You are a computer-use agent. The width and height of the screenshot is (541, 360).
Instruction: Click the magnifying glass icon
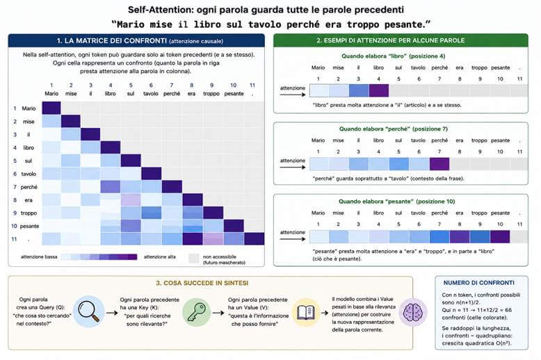click(89, 311)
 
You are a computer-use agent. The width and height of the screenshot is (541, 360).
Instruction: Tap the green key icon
click(196, 312)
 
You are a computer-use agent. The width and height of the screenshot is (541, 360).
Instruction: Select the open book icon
click(306, 313)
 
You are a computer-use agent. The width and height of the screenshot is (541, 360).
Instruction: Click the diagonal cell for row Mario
click(51, 108)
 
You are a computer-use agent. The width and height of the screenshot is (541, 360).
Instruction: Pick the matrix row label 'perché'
click(29, 187)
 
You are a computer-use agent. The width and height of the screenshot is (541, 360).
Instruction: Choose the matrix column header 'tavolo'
click(151, 93)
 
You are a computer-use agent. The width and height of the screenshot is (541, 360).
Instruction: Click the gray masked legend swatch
click(194, 259)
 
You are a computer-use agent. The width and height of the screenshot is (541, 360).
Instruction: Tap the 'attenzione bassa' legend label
click(39, 257)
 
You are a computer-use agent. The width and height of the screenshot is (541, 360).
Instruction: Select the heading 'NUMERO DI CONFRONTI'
click(479, 283)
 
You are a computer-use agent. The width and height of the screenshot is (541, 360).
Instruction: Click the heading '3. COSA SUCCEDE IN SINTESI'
click(202, 283)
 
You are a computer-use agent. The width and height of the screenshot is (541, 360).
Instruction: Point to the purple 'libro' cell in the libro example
click(379, 90)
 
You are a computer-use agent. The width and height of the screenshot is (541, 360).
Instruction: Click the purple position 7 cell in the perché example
click(439, 164)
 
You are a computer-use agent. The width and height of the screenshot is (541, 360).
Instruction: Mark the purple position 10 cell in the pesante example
click(500, 236)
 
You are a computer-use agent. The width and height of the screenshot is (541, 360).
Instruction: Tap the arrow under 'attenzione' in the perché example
click(293, 167)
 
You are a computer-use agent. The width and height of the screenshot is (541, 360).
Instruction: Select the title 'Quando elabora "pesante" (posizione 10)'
click(397, 202)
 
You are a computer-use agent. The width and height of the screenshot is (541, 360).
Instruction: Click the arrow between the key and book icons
click(218, 313)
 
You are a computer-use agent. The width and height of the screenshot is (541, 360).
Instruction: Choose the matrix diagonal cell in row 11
click(255, 238)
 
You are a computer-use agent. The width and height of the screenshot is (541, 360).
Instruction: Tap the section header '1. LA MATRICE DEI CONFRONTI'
click(112, 41)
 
